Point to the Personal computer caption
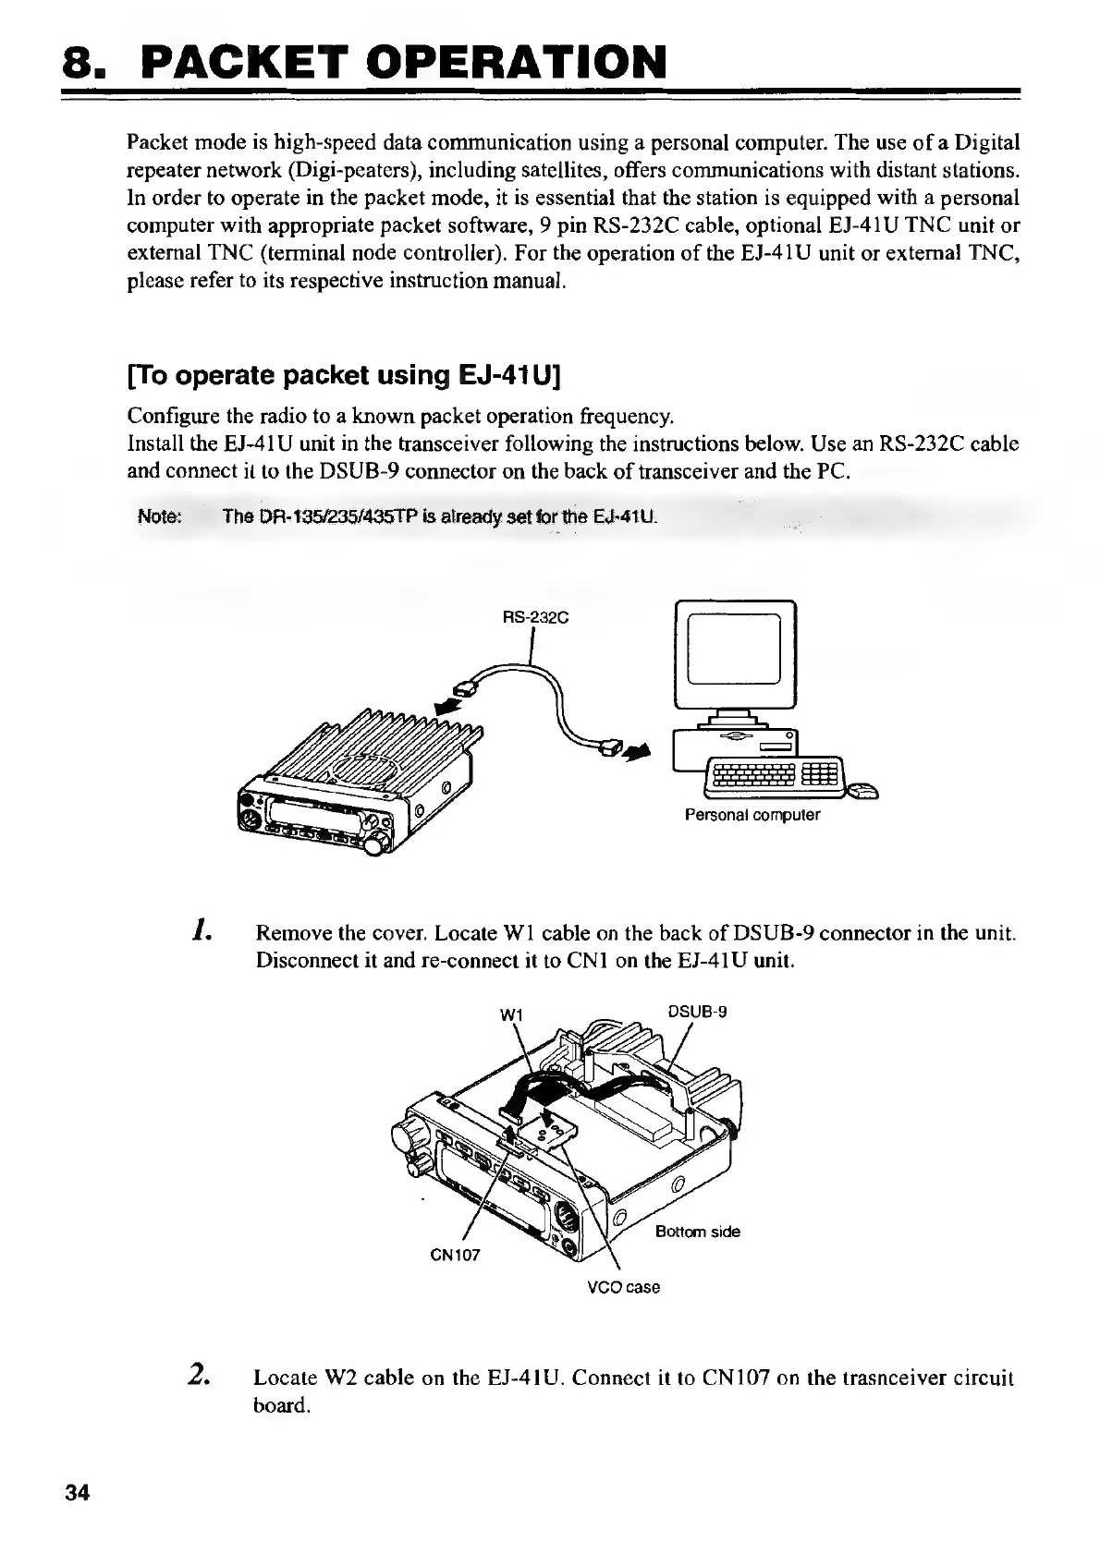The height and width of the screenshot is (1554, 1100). (x=752, y=815)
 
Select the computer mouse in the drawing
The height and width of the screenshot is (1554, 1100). (x=863, y=790)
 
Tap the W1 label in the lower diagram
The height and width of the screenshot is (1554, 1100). (x=511, y=1014)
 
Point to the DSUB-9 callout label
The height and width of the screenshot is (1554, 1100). (x=697, y=1011)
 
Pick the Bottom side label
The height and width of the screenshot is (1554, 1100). (x=697, y=1232)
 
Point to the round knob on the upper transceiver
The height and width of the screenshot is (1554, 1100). (x=375, y=844)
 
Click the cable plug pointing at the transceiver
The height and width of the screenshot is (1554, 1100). (x=468, y=686)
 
